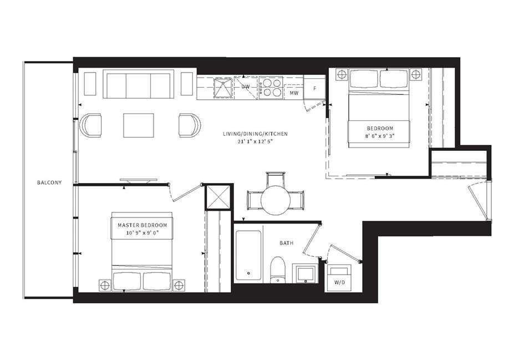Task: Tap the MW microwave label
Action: (x=294, y=93)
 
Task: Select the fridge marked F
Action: (x=314, y=87)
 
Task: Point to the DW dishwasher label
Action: (x=246, y=87)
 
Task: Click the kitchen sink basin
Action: (x=223, y=87)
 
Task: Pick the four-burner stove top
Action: (x=271, y=87)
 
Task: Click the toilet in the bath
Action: (x=278, y=270)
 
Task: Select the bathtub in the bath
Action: (x=248, y=256)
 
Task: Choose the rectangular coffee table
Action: (x=138, y=125)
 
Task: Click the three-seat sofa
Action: (x=138, y=84)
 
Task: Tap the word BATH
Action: (x=286, y=244)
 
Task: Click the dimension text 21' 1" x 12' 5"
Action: (x=256, y=141)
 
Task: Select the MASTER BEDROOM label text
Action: (x=143, y=225)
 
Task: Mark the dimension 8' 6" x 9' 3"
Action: (x=380, y=135)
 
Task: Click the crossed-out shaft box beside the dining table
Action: (x=218, y=197)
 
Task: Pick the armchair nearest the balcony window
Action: (x=90, y=125)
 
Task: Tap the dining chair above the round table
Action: (x=276, y=179)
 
